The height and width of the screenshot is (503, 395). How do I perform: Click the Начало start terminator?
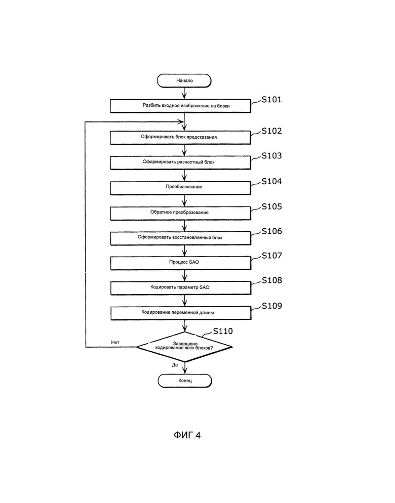[x=184, y=80]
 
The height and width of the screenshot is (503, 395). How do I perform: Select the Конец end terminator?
[x=185, y=381]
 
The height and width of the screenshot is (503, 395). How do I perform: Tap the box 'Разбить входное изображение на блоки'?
[x=180, y=106]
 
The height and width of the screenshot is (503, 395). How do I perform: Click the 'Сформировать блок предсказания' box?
[x=180, y=137]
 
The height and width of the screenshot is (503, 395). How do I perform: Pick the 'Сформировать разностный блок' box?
[x=180, y=162]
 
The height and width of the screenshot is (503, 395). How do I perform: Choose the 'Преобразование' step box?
[x=180, y=188]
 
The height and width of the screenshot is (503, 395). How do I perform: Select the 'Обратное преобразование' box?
[x=180, y=213]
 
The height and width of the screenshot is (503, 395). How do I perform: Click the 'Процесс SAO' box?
[x=181, y=263]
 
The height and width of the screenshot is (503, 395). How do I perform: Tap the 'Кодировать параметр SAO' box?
[x=181, y=288]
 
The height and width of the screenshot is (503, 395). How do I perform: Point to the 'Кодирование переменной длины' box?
[x=181, y=313]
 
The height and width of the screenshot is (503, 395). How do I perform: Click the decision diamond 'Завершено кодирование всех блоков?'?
[x=184, y=347]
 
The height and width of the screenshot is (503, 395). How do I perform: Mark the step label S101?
[x=271, y=100]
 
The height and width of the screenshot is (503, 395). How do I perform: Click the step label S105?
[x=271, y=206]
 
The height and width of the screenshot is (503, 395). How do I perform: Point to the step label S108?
[x=272, y=280]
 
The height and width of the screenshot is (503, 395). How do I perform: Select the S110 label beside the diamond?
[x=223, y=331]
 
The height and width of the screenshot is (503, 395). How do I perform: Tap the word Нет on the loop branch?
[x=115, y=342]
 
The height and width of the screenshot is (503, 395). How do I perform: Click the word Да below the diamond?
[x=175, y=365]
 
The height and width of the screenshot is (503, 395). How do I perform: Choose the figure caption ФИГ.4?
[x=187, y=435]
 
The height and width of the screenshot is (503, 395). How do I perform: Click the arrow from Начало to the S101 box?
[x=184, y=93]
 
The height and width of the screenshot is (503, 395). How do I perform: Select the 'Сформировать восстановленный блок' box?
[x=180, y=238]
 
